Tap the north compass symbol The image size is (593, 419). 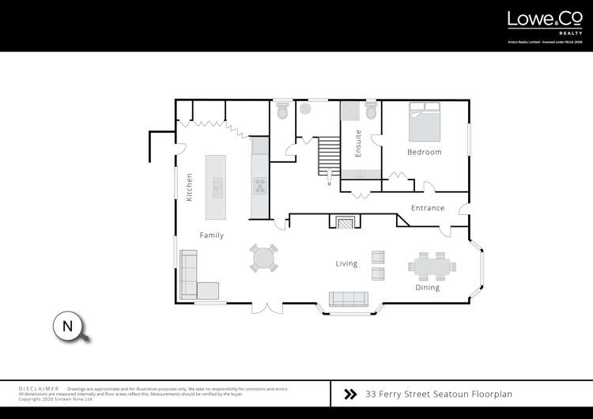pos(69,327)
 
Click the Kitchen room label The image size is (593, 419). pos(189,187)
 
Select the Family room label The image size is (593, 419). pos(211,235)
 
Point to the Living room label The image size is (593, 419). pos(346,263)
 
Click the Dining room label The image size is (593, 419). pos(427,288)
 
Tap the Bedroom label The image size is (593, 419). pos(425,152)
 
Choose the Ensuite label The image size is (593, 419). pos(358,143)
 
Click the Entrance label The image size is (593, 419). pos(428,208)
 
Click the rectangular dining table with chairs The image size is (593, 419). pos(432,266)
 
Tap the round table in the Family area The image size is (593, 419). pos(264,257)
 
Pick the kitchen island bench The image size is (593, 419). pos(216,187)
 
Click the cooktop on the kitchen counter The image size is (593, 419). pos(260,186)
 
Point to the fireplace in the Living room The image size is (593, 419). pos(345,223)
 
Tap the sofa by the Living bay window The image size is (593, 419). pos(348,299)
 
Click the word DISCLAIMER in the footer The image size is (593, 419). pos(38,389)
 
